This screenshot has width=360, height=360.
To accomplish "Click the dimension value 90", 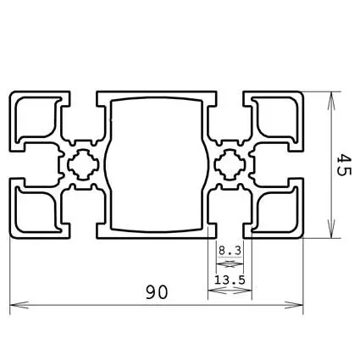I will tap(155, 291).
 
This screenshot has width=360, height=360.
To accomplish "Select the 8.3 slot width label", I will tap(230, 251).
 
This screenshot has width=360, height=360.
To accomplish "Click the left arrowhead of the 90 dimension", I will tap(14, 303).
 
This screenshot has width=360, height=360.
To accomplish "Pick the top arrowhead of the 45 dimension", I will tap(330, 92).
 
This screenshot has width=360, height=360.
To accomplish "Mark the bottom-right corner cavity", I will tap(276, 208).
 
